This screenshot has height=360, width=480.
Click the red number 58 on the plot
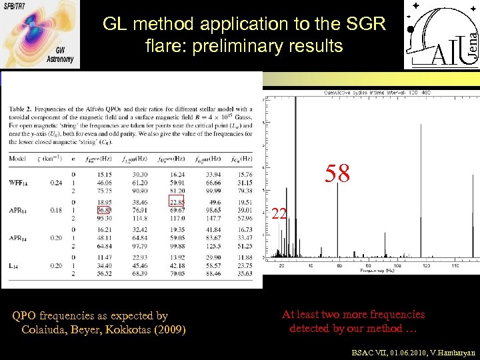click(337, 174)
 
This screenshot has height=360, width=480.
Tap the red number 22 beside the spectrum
click(280, 214)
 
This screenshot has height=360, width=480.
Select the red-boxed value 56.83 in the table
click(103, 211)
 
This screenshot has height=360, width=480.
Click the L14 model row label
click(15, 265)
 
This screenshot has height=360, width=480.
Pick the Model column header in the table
click(19, 158)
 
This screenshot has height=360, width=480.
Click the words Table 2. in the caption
click(22, 109)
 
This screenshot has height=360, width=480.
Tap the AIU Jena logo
click(441, 35)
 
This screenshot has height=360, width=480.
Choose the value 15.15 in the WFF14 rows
click(103, 175)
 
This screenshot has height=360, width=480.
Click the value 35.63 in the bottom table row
click(245, 273)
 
